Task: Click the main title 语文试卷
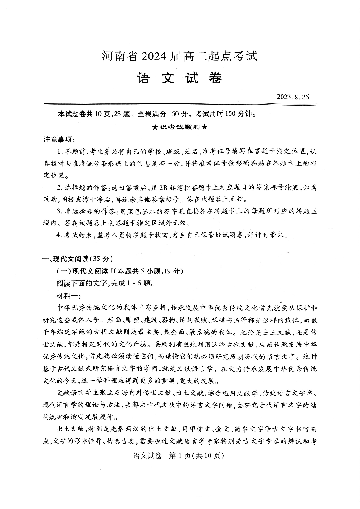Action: tap(180, 78)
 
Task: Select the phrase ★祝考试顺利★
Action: tap(180, 127)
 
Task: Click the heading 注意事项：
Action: tap(59, 139)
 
